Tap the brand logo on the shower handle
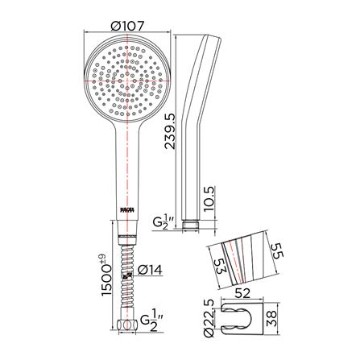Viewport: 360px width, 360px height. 127,210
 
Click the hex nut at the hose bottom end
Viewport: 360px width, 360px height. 127,325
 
